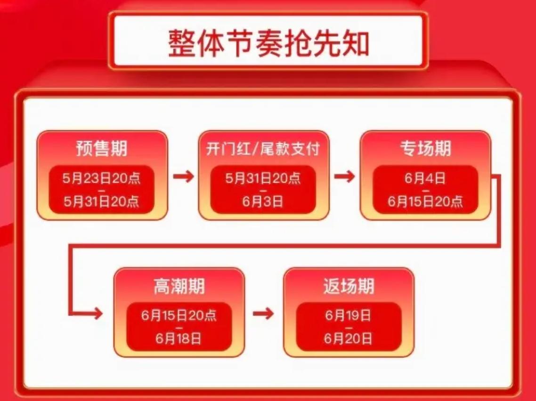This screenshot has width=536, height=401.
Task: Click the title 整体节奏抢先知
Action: [x=268, y=43]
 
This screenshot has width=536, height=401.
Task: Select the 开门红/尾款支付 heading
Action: [x=263, y=149]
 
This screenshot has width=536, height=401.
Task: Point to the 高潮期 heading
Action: [x=179, y=286]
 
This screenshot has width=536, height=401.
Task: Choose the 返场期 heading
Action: [x=349, y=286]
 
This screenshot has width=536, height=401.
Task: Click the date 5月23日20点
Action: [x=102, y=178]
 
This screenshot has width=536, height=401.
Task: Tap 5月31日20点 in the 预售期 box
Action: [x=102, y=201]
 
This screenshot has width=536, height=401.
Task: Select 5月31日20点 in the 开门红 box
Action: [x=263, y=178]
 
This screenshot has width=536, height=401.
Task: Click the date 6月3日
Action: [x=263, y=201]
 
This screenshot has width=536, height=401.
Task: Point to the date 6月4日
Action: [x=425, y=178]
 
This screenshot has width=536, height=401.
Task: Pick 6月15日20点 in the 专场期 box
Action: [x=425, y=201]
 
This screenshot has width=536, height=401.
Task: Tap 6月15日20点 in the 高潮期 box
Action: [x=179, y=315]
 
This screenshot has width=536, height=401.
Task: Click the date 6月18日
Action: [x=179, y=338]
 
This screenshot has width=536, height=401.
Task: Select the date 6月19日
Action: [x=349, y=315]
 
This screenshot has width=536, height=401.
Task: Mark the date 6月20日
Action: [x=349, y=338]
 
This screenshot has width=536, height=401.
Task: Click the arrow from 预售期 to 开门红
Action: [x=183, y=177]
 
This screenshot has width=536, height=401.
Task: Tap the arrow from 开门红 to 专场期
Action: [x=345, y=177]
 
